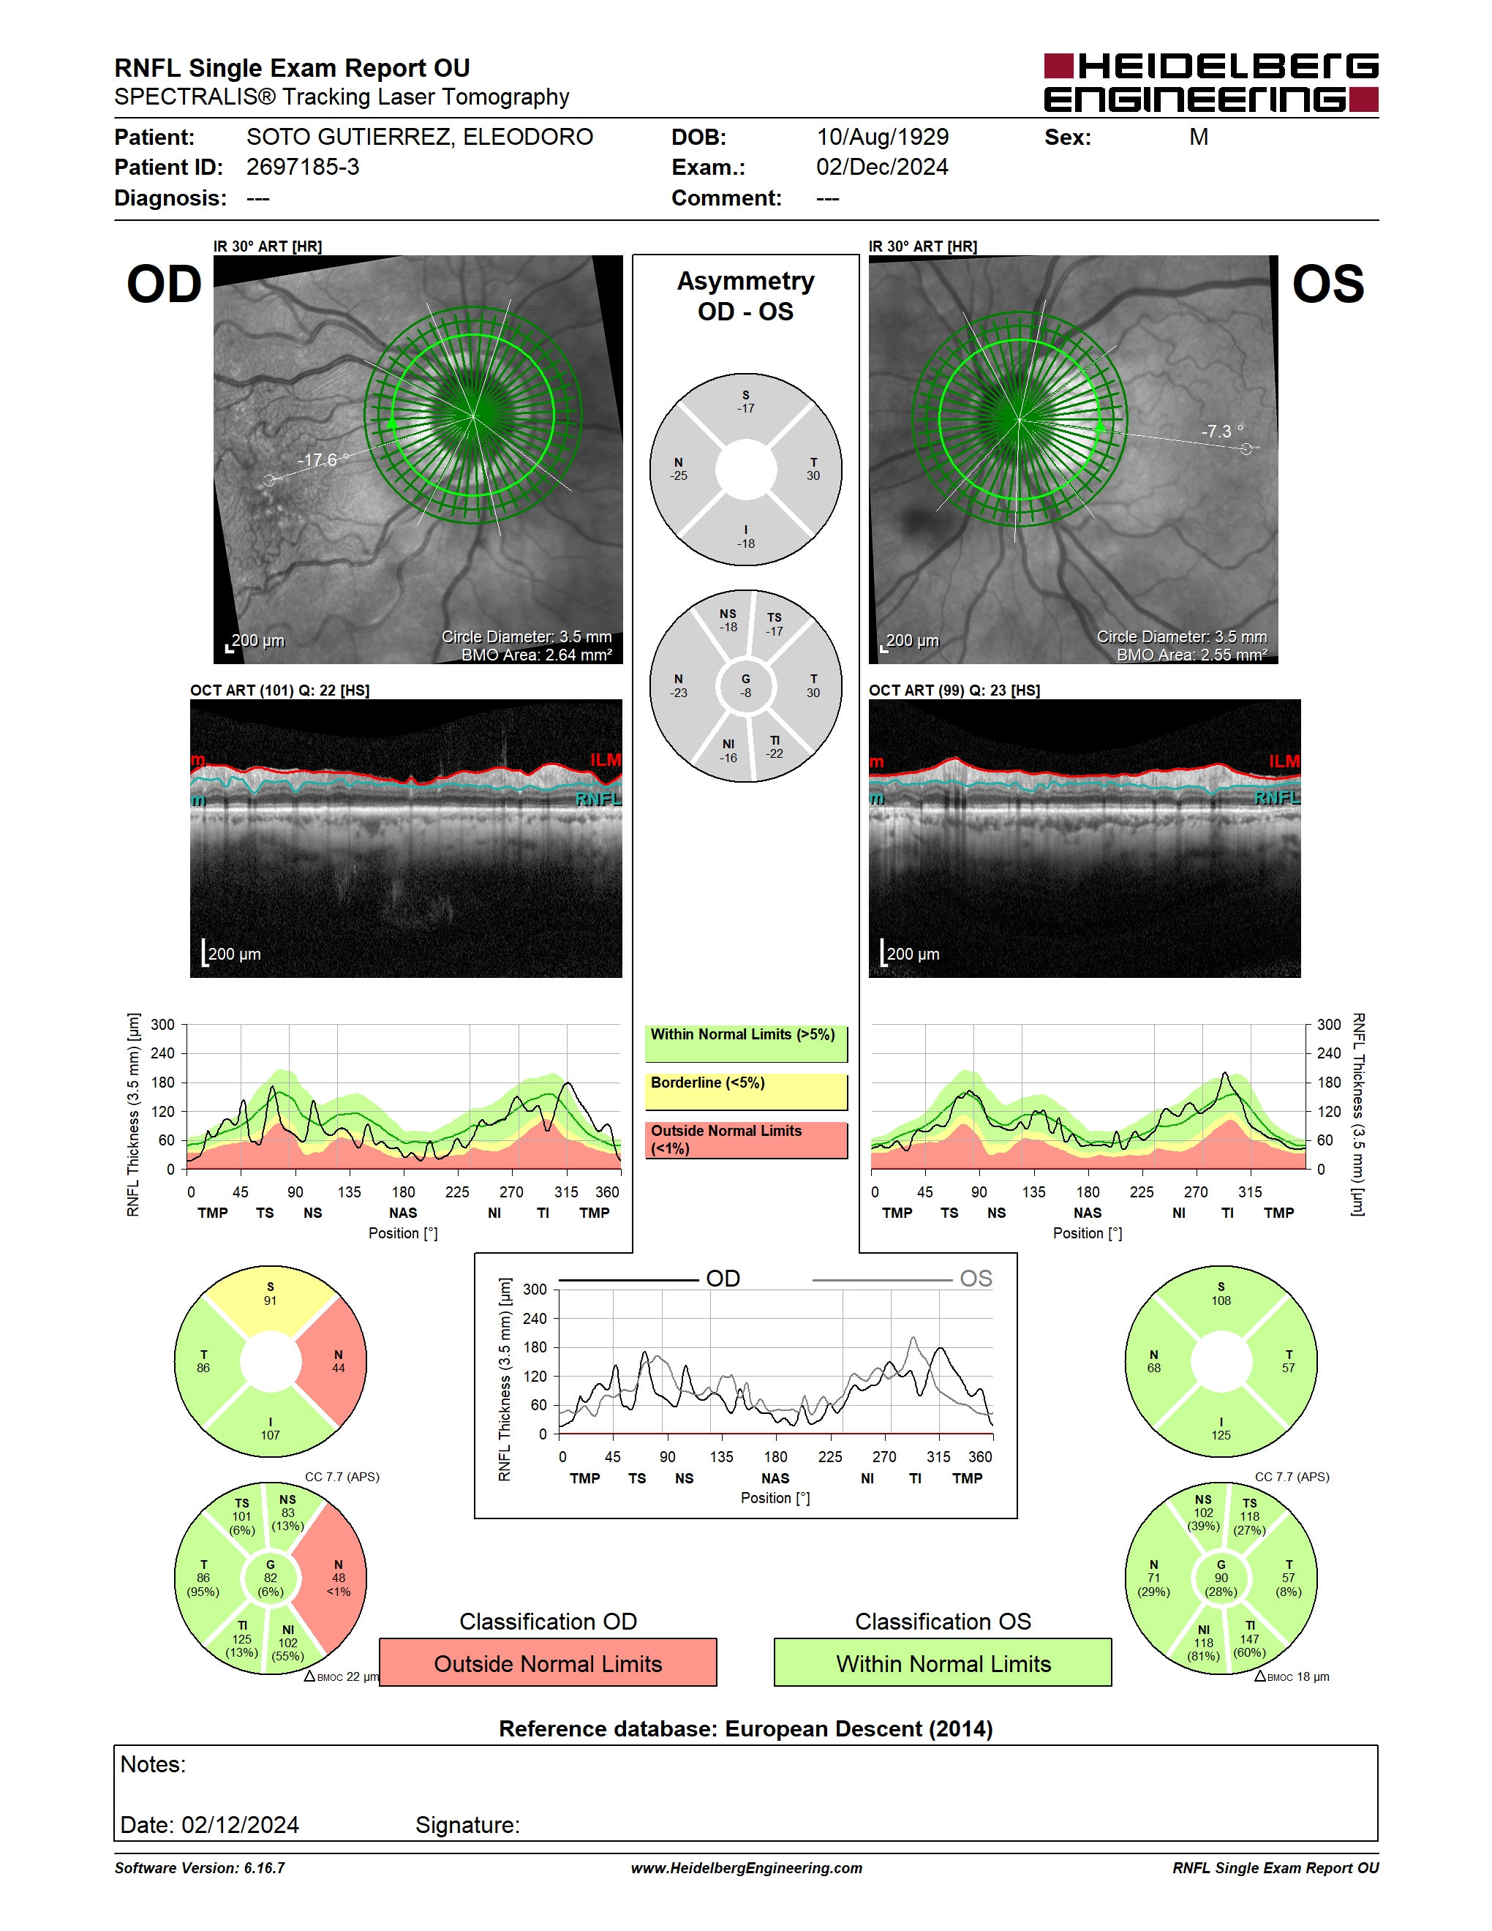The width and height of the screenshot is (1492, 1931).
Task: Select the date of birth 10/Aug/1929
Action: coord(882,137)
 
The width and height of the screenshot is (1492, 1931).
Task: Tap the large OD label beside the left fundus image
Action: coord(165,285)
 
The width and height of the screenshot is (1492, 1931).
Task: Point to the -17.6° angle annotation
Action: coord(323,460)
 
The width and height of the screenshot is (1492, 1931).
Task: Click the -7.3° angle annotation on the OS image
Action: coord(1222,432)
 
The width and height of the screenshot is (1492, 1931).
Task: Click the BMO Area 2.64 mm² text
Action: coord(537,655)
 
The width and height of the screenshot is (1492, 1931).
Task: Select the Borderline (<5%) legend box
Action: coord(746,1092)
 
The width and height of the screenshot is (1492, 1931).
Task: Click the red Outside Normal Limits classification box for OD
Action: coord(548,1663)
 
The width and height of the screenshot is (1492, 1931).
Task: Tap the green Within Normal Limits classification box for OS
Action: coord(943,1663)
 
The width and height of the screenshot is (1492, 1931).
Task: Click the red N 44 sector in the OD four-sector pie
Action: coord(336,1362)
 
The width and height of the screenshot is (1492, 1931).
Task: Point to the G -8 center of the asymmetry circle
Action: coord(746,686)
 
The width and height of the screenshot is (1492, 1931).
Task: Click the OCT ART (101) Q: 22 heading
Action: coord(279,690)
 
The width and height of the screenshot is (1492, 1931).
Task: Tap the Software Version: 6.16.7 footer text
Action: coord(200,1867)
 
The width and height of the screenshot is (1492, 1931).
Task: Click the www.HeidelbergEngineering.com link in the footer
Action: coord(746,1867)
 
